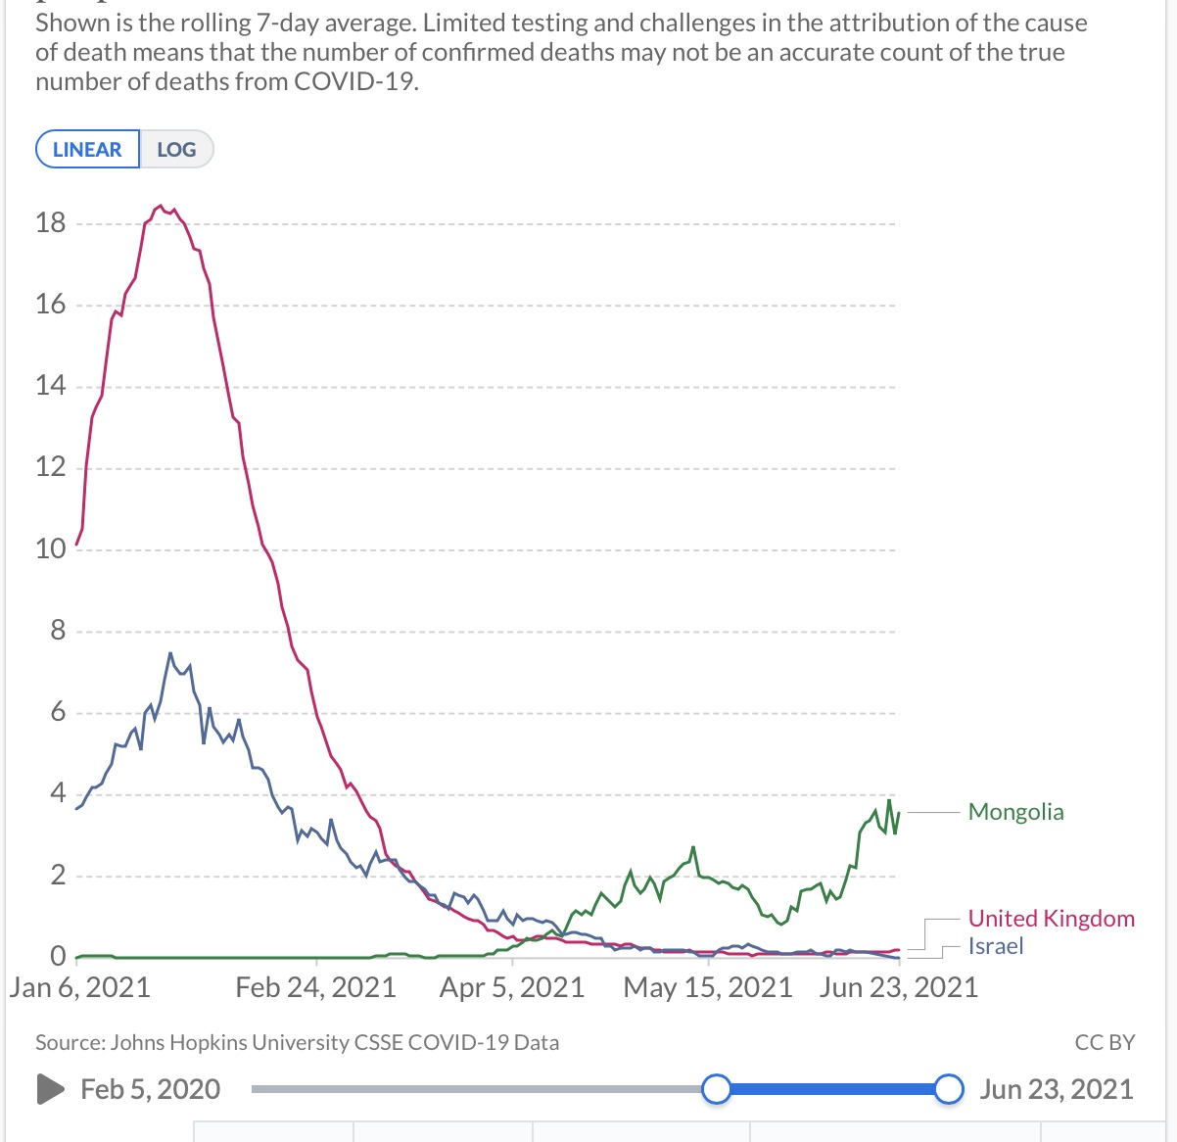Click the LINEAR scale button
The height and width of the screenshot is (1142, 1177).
coord(87,150)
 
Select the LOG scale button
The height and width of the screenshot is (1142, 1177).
coord(176,150)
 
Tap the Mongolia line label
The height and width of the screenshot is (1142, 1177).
coord(1015,812)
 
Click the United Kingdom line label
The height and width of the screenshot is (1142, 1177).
coord(1051,919)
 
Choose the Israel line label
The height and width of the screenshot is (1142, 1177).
coord(996,946)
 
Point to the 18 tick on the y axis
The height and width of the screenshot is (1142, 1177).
coord(50,223)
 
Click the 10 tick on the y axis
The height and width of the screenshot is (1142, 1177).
coord(50,548)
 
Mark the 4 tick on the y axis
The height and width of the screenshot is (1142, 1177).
coord(58,792)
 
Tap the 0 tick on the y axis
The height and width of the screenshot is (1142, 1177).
coord(58,955)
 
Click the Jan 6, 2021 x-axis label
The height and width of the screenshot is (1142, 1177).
coord(80,986)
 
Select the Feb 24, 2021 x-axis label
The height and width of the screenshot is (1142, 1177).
coord(315,986)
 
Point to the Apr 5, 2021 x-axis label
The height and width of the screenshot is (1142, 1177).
coord(512,986)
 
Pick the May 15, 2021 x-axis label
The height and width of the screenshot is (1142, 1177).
coord(708,986)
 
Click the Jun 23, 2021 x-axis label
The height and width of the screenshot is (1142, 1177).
coord(899,986)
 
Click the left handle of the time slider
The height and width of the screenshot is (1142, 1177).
coord(717,1089)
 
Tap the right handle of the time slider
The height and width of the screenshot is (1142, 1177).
coord(948,1089)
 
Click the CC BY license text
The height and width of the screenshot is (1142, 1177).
coord(1105,1042)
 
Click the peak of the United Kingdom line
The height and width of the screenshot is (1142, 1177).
coord(161,206)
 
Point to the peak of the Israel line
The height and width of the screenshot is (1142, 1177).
coord(170,653)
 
